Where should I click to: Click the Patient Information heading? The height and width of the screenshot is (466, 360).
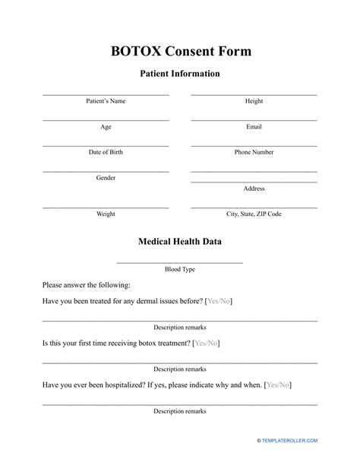[x=180, y=74]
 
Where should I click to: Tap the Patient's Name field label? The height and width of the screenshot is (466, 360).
[x=106, y=100]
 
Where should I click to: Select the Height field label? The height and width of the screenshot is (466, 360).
[x=254, y=100]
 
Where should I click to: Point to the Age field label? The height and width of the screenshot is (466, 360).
[x=106, y=126]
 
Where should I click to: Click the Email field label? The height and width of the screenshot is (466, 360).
[x=254, y=126]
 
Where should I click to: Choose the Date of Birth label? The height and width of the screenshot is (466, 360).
[x=106, y=152]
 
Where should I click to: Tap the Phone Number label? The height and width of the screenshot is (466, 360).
[x=254, y=152]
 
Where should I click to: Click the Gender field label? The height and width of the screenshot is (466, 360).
[x=106, y=178]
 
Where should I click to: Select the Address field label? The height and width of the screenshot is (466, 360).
[x=254, y=189]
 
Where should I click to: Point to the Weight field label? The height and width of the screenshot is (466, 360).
[x=106, y=214]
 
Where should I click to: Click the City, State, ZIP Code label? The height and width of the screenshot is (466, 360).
[x=254, y=214]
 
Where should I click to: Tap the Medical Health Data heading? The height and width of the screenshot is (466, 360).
[x=180, y=242]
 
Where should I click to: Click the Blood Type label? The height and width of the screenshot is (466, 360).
[x=180, y=269]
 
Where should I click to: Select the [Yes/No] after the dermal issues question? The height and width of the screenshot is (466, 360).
[x=219, y=302]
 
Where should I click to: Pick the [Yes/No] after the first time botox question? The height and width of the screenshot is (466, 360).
[x=206, y=344]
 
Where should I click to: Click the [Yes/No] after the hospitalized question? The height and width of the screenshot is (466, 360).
[x=277, y=385]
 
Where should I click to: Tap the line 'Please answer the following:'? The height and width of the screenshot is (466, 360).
[x=86, y=285]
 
